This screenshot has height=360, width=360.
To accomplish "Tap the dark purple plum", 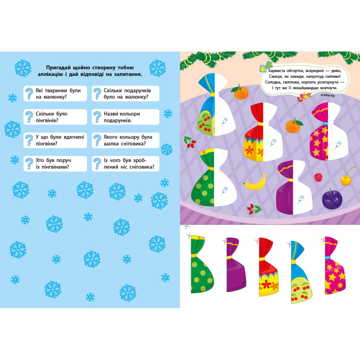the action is pos(332,199).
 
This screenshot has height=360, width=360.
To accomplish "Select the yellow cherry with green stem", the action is pos(346,179).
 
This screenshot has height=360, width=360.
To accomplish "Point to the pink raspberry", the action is pos(318,177).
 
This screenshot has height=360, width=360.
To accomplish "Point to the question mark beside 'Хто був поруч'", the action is pos(29,163).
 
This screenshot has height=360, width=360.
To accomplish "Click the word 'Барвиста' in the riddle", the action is pos(276,71).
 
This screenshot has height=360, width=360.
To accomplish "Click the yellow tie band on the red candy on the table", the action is pos(260,124).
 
